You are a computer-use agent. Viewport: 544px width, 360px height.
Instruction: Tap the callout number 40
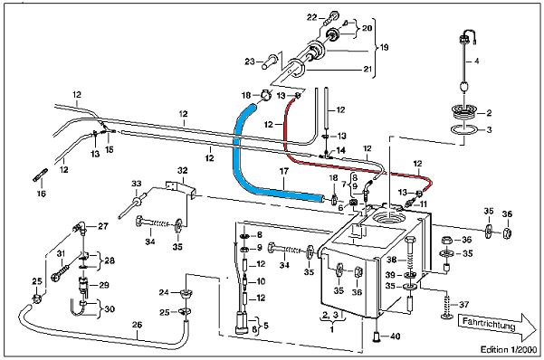click(396, 336)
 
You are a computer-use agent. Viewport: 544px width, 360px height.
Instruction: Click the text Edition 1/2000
click(509, 349)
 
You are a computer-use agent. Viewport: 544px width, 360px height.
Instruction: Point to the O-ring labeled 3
click(464, 129)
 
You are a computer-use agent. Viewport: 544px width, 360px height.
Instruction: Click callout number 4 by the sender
click(477, 61)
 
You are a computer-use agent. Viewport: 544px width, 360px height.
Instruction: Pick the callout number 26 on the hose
click(137, 325)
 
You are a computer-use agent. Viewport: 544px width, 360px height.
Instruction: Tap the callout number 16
click(42, 194)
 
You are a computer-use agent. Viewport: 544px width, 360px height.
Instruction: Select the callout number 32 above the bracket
click(183, 170)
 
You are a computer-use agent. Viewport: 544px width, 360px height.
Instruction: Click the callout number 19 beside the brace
click(384, 47)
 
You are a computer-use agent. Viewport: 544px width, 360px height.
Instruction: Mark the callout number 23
click(250, 62)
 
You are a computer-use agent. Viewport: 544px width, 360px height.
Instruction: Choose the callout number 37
click(463, 305)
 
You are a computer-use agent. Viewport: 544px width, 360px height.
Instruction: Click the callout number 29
click(104, 285)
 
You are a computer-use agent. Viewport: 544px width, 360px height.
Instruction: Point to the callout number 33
click(137, 183)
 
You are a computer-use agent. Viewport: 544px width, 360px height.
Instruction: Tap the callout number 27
click(103, 226)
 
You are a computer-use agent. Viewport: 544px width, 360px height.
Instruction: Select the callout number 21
click(367, 70)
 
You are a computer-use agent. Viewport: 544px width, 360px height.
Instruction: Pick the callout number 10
click(261, 281)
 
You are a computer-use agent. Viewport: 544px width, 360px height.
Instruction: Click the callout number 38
click(392, 259)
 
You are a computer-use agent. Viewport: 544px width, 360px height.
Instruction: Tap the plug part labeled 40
click(377, 336)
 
